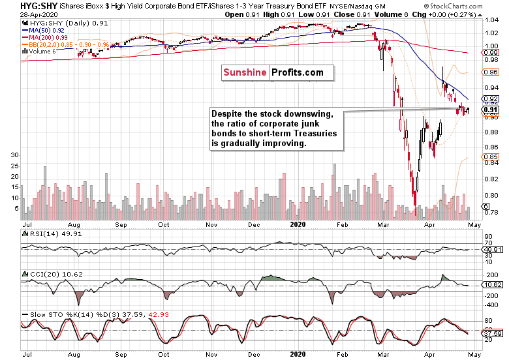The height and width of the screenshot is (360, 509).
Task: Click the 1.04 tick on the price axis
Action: [x=491, y=20]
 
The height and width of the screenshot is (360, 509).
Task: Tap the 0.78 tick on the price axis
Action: [x=491, y=212]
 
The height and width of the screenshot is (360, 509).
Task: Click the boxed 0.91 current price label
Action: [x=491, y=109]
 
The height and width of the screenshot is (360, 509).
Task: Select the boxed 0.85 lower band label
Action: [x=491, y=157]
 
